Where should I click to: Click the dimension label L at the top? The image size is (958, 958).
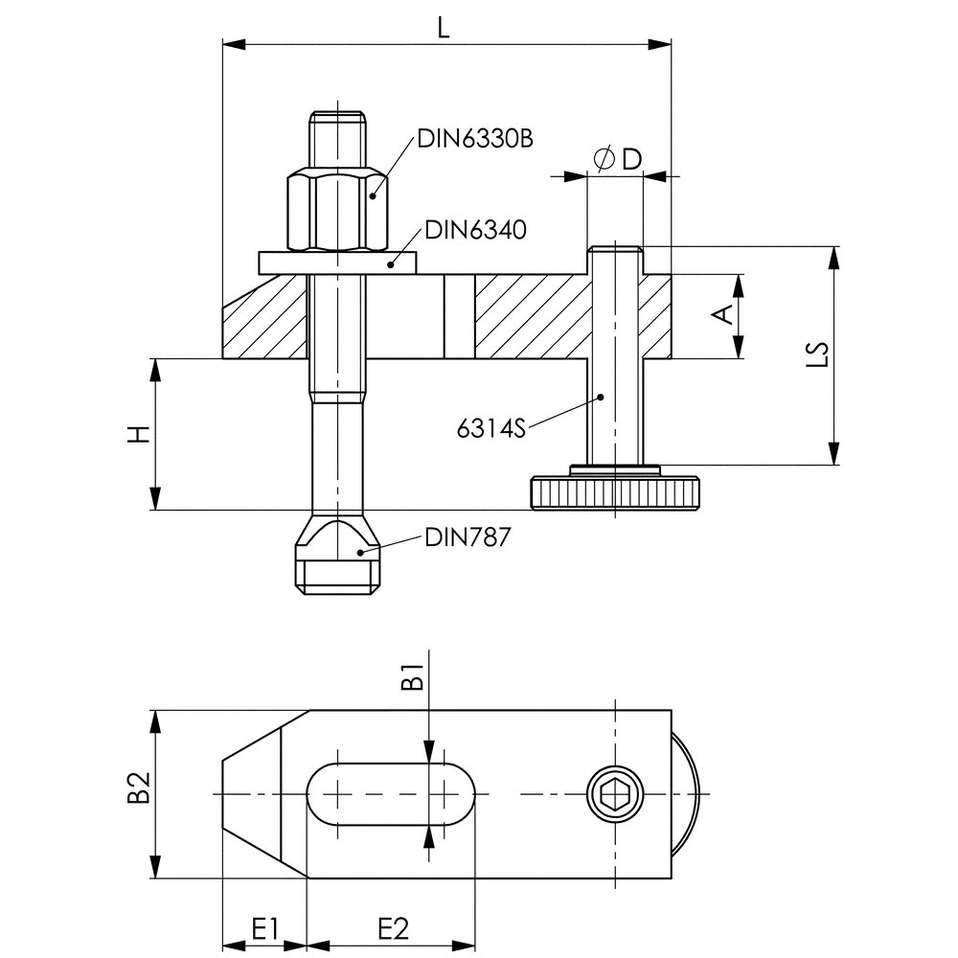pyautogui.click(x=444, y=27)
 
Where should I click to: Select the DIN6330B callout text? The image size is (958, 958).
pyautogui.click(x=475, y=139)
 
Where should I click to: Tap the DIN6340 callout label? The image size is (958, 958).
pyautogui.click(x=475, y=230)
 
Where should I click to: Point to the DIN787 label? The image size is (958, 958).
pyautogui.click(x=467, y=537)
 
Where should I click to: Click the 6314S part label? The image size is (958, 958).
pyautogui.click(x=490, y=429)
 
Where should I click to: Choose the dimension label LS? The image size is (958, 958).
pyautogui.click(x=817, y=354)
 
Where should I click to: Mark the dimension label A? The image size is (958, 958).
pyautogui.click(x=723, y=314)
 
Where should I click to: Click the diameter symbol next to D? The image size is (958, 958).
pyautogui.click(x=604, y=159)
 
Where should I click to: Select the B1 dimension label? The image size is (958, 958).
pyautogui.click(x=412, y=676)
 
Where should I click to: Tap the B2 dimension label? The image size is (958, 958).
pyautogui.click(x=139, y=787)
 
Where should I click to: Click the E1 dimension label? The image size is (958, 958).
pyautogui.click(x=264, y=929)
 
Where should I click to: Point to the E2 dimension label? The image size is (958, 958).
pyautogui.click(x=392, y=929)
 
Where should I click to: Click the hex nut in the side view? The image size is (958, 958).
pyautogui.click(x=336, y=212)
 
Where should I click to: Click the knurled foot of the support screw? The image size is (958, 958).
pyautogui.click(x=615, y=492)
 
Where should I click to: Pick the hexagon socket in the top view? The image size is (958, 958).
pyautogui.click(x=615, y=794)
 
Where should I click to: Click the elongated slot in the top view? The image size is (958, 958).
pyautogui.click(x=390, y=794)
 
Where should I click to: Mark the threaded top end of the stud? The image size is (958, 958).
pyautogui.click(x=337, y=141)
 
